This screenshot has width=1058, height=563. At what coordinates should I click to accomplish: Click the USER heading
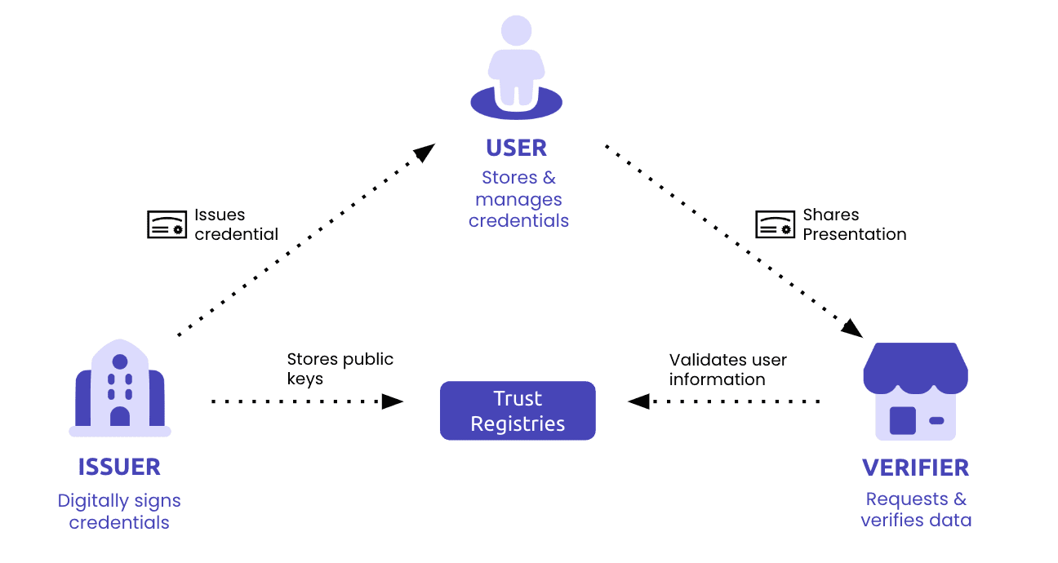[516, 148]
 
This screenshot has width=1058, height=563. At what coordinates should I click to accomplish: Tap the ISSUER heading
[119, 467]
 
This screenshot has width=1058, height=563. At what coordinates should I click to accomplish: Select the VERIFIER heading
[915, 468]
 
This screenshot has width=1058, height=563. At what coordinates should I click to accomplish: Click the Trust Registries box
[518, 410]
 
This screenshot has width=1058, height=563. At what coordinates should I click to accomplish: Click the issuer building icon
[120, 387]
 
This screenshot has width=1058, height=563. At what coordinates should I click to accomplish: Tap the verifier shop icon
[915, 392]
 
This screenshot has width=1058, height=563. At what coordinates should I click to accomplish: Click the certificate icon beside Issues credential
[167, 224]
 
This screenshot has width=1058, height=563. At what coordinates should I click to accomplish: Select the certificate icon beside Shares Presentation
[775, 224]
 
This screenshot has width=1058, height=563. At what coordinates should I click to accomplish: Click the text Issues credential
[235, 224]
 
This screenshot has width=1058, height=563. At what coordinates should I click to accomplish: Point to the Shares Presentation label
[854, 224]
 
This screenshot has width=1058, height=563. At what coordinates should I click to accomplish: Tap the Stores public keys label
[340, 369]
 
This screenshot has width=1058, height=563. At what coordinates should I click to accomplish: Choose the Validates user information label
[727, 369]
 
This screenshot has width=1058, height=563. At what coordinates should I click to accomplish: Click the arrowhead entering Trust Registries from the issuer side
[393, 401]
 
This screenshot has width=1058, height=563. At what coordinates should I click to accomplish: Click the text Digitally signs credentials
[119, 512]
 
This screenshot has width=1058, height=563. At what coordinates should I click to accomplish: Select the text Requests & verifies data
[915, 509]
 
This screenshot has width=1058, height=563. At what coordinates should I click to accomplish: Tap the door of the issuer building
[120, 416]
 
